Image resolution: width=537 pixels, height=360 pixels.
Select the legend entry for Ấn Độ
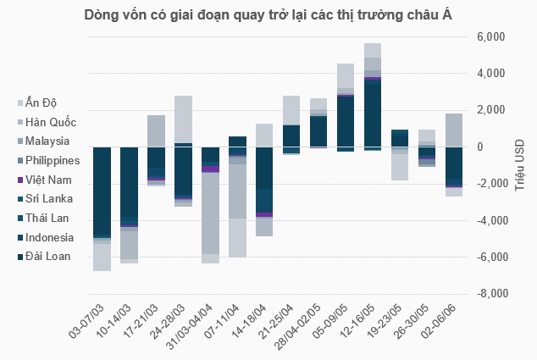click(x=42, y=102)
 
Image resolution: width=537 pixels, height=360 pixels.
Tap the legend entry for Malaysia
click(x=47, y=141)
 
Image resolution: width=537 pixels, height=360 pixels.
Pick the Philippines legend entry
click(x=52, y=160)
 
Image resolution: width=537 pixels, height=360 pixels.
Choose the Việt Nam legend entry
click(x=47, y=180)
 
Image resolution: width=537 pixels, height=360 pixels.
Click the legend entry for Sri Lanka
click(x=47, y=198)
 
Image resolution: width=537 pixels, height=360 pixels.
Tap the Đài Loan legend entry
click(x=47, y=256)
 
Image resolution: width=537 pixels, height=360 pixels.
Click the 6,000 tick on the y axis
click(x=490, y=37)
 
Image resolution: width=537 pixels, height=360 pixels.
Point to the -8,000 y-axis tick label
click(x=489, y=294)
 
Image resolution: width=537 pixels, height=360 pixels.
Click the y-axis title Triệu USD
click(x=521, y=166)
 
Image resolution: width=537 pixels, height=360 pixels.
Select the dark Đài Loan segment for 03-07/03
click(x=102, y=191)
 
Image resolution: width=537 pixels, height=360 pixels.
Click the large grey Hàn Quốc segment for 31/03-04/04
click(x=209, y=213)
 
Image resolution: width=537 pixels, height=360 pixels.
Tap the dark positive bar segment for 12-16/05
click(x=372, y=114)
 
